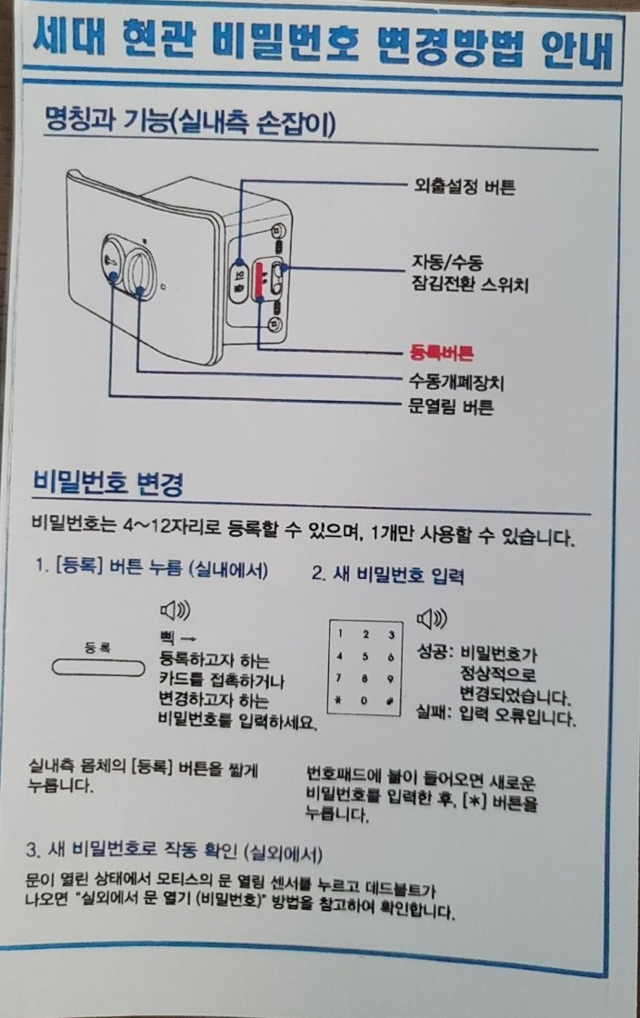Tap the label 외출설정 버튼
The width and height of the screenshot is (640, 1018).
465,187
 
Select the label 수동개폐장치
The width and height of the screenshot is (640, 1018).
455,381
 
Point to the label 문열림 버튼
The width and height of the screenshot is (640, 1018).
451,407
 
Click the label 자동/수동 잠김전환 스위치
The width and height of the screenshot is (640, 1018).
470,274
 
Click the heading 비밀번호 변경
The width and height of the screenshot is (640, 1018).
108,483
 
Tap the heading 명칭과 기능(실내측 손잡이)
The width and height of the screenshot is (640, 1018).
190,122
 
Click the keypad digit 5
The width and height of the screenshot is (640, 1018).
365,656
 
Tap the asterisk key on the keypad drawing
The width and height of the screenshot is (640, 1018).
338,701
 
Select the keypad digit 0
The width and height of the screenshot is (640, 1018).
365,701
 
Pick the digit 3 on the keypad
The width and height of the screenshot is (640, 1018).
391,635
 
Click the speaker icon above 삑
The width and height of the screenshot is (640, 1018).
175,610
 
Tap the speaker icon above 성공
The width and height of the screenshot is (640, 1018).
432,619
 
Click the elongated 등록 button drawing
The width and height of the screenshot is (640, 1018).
98,668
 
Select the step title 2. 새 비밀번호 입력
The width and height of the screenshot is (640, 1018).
387,574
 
